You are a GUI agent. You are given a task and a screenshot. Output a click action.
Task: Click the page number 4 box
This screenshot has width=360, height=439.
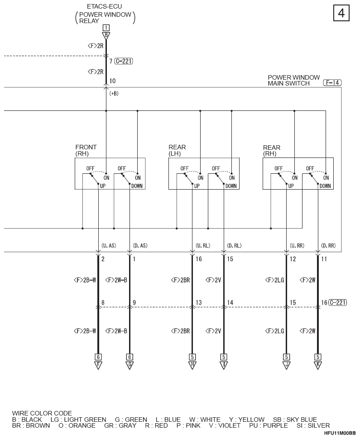(x=341, y=13)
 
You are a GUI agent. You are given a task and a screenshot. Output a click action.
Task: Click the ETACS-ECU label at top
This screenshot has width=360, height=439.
(x=104, y=6)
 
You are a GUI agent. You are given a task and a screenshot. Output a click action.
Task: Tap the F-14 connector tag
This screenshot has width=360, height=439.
(x=332, y=82)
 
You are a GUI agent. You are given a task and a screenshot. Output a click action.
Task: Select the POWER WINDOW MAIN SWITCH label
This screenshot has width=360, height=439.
(x=293, y=81)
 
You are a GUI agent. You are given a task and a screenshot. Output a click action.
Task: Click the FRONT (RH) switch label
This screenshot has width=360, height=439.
(x=86, y=150)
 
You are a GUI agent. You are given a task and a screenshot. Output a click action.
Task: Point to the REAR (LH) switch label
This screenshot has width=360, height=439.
(x=177, y=150)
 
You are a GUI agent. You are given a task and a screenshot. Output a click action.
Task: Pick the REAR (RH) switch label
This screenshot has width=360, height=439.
(x=271, y=150)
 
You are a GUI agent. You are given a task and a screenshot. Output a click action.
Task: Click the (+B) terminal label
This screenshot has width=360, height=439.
(x=114, y=94)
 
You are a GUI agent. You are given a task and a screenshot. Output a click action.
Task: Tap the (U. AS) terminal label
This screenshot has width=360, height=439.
(x=108, y=246)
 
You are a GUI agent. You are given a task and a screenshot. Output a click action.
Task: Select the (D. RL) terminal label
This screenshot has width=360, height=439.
(x=234, y=246)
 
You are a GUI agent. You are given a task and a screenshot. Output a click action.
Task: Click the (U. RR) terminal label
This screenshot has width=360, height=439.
(x=297, y=246)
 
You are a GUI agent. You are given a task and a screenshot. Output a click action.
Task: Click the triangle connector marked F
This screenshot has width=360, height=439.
(x=98, y=365)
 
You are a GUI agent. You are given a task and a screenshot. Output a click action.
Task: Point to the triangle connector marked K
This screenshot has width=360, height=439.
(x=318, y=365)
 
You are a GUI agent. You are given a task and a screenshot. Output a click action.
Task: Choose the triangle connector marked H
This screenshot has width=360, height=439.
(x=192, y=365)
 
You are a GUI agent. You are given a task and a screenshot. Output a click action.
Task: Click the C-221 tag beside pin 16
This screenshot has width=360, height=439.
(x=338, y=302)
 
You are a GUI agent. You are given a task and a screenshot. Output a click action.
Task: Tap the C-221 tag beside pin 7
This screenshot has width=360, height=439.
(x=124, y=61)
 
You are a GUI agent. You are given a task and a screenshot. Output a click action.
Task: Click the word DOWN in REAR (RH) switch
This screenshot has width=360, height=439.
(x=325, y=186)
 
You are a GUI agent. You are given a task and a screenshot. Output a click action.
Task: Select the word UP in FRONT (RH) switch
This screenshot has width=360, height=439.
(x=103, y=186)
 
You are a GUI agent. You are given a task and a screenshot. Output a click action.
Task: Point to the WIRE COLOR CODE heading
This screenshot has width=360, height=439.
(x=42, y=413)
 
